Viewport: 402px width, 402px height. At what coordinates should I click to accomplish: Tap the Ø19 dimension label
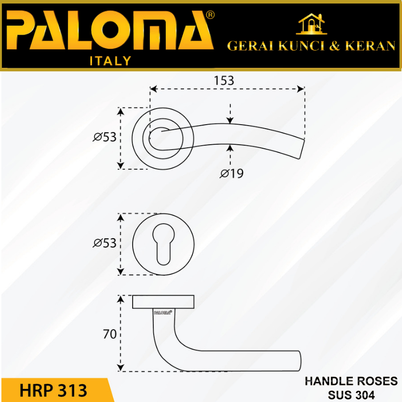coord(232,174)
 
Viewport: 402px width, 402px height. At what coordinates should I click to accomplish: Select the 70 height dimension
coord(110,334)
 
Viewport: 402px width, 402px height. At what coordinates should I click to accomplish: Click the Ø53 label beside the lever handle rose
coord(105,137)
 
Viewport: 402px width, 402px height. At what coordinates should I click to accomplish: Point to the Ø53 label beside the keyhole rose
coord(105,244)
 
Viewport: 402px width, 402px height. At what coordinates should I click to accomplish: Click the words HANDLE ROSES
coord(351,381)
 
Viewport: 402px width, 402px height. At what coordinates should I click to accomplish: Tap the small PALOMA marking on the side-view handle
coord(163,312)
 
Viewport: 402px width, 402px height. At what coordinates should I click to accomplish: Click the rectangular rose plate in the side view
coord(163,301)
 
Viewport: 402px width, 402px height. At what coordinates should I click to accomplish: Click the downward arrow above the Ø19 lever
coord(230,120)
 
